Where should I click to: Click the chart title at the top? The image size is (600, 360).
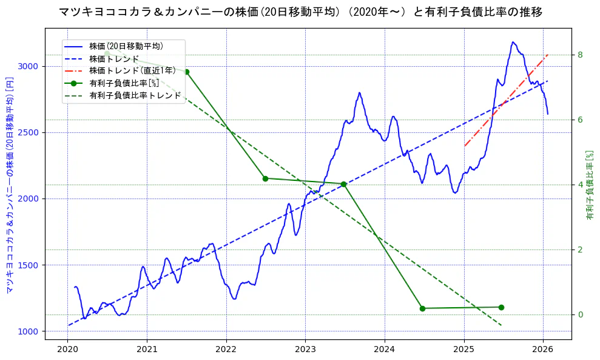300,12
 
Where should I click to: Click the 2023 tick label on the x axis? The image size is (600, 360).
305,350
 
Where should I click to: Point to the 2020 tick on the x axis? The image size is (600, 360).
68,350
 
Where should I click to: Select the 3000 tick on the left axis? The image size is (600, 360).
30,66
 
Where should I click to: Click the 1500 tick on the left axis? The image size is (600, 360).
30,265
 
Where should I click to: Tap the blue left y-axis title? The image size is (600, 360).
10,185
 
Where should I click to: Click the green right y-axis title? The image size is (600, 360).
589,185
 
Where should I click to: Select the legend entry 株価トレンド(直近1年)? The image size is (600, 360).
132,70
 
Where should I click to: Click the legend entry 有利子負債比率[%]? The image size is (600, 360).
124,83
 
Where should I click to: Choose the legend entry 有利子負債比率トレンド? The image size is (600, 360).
135,95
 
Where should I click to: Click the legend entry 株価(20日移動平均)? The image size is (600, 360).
126,46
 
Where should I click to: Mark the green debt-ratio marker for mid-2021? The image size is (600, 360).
186,72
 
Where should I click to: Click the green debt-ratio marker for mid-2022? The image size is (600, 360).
265,178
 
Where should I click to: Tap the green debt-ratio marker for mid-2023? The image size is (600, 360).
343,184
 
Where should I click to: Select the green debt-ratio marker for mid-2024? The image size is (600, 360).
422,308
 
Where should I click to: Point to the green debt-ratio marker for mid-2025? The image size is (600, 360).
501,307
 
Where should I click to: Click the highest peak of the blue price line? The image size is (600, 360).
513,42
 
